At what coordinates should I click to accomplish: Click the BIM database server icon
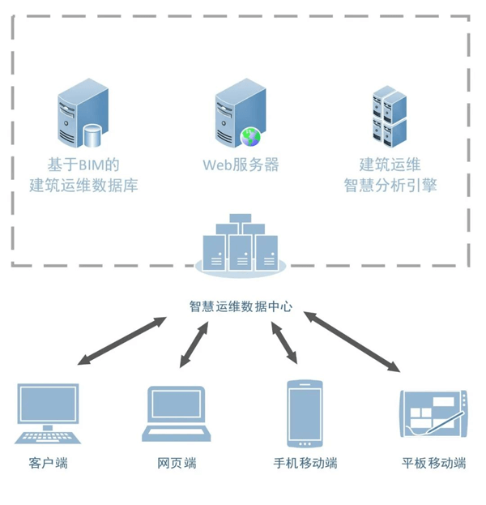tap(82, 117)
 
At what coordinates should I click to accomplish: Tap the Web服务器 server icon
tap(241, 117)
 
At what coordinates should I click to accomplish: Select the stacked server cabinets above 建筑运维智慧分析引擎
tap(389, 115)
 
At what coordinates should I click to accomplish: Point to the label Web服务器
tap(241, 165)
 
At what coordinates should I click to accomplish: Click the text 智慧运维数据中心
tap(241, 307)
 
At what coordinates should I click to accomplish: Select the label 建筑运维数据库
tap(83, 186)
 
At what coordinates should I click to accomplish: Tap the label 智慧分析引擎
tap(390, 186)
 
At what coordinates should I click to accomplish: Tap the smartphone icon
tap(305, 413)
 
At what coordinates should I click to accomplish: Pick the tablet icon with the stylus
tap(434, 414)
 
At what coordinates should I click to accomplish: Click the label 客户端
tap(48, 464)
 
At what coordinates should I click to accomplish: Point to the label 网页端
tap(177, 464)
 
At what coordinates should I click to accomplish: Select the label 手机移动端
tap(305, 464)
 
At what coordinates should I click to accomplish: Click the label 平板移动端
tap(434, 464)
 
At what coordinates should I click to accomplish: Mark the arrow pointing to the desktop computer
tap(122, 340)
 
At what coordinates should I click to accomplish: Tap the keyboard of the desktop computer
tap(48, 438)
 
